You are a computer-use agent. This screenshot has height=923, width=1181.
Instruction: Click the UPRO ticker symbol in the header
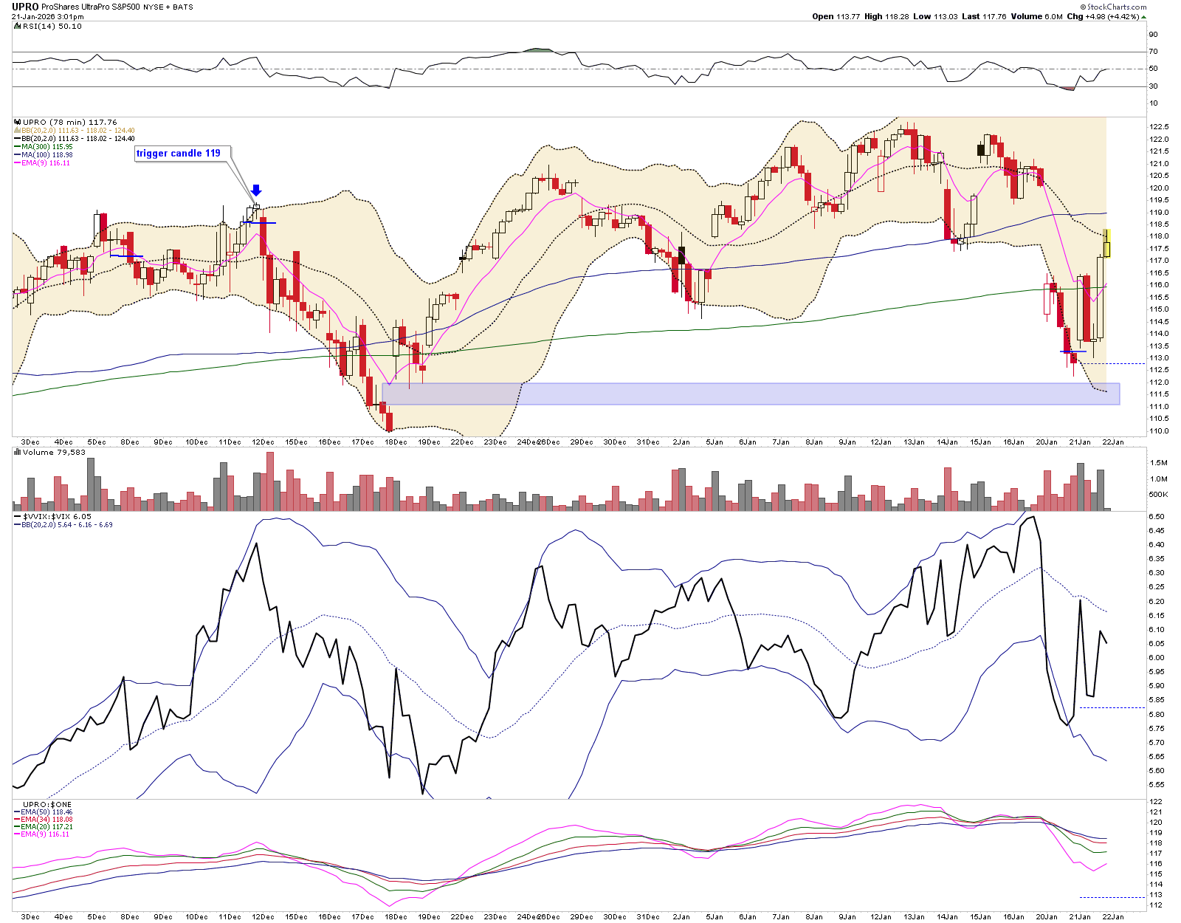[x=25, y=7]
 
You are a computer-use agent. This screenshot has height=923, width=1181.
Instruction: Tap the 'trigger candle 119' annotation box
[x=179, y=154]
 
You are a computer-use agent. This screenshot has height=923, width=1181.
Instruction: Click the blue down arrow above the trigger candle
[x=256, y=191]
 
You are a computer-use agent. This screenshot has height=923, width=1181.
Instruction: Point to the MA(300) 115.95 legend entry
[x=47, y=147]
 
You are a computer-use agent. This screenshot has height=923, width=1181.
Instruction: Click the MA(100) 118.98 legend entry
[x=47, y=155]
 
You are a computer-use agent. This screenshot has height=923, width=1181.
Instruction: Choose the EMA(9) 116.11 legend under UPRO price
[x=46, y=163]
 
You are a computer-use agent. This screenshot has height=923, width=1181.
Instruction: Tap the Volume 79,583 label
[x=54, y=453]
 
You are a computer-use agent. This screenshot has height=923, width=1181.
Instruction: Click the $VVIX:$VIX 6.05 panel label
[x=57, y=517]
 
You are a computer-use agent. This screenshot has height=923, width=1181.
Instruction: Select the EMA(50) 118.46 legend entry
[x=47, y=812]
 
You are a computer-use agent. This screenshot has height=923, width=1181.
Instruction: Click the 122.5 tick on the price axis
[x=1159, y=127]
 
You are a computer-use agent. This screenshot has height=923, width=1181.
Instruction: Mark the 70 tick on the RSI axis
[x=1154, y=52]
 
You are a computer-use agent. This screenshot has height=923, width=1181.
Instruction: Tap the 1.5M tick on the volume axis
[x=1158, y=463]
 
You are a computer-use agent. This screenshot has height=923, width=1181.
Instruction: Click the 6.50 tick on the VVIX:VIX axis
[x=1157, y=517]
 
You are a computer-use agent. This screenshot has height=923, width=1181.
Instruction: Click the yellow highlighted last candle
[x=1106, y=244]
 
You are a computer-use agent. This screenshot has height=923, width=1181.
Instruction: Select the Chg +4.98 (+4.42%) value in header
[x=1103, y=16]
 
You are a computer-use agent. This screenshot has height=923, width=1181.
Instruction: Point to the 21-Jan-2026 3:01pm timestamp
[x=47, y=17]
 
